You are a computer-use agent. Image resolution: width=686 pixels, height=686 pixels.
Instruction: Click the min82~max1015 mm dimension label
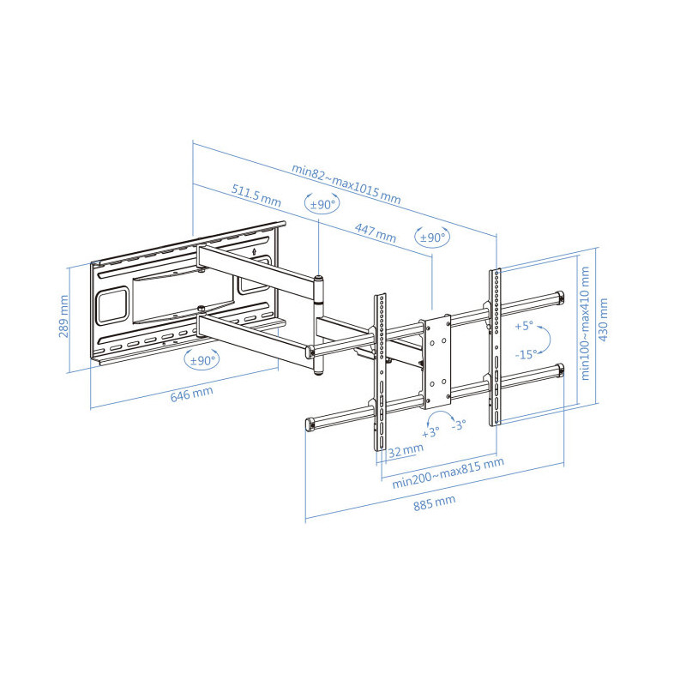pyautogui.click(x=346, y=183)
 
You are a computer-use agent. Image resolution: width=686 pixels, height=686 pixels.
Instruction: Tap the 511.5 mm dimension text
pyautogui.click(x=256, y=195)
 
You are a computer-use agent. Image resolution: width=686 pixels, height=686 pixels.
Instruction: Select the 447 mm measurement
pyautogui.click(x=376, y=231)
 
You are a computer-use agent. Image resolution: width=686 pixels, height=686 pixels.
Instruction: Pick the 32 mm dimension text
pyautogui.click(x=405, y=449)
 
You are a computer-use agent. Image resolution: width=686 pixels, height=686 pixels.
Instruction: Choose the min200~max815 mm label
pyautogui.click(x=448, y=472)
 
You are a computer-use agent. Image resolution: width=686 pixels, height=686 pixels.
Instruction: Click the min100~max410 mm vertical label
pyautogui.click(x=587, y=323)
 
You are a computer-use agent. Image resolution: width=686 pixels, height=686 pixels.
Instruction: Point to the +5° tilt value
pyautogui.click(x=524, y=326)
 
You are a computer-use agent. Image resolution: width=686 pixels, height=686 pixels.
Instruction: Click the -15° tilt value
pyautogui.click(x=525, y=353)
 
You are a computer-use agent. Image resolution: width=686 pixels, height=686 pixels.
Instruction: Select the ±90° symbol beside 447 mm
pyautogui.click(x=432, y=237)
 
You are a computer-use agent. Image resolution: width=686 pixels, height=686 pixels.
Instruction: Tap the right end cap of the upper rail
pyautogui.click(x=559, y=296)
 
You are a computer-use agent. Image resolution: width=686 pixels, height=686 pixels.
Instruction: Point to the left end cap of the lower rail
pyautogui.click(x=310, y=424)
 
